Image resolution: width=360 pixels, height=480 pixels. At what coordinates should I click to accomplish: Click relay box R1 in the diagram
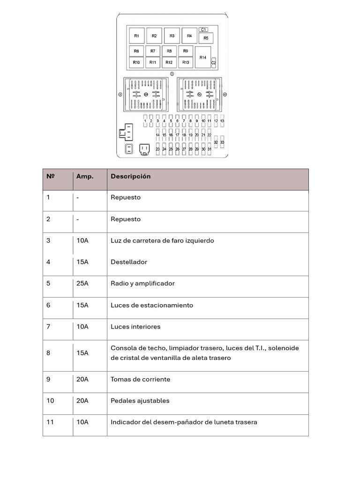pos(136,36)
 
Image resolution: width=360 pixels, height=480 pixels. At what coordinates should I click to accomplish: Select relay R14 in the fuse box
pos(202,57)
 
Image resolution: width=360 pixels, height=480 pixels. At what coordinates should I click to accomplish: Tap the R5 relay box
pos(206,38)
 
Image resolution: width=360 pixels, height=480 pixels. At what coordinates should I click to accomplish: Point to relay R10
pos(136,62)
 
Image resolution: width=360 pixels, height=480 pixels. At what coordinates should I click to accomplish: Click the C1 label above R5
pos(204,30)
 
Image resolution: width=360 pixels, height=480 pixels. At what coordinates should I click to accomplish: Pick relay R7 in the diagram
pos(153,51)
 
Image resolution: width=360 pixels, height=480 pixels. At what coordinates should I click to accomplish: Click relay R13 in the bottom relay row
pos(185,62)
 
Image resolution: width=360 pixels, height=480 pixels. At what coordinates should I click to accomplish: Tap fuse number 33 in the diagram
pos(222,142)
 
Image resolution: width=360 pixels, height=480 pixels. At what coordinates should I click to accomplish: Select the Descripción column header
pos(131,177)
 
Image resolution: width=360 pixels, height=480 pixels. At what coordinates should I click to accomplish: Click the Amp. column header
pos(85,177)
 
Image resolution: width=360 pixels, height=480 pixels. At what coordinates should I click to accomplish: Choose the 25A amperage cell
pos(82,284)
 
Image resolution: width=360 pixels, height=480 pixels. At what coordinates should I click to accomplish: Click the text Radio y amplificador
pos(142,284)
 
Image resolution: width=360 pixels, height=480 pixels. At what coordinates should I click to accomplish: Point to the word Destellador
pos(129,262)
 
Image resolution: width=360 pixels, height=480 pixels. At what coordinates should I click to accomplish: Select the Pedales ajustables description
pos(140,401)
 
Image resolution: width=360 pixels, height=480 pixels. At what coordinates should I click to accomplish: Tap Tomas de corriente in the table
pos(141,379)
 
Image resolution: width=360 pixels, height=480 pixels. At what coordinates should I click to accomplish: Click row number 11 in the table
pos(50,422)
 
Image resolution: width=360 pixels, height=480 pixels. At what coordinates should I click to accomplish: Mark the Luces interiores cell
pos(135,327)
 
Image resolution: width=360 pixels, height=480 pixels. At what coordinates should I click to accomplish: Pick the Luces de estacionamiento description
pos(152,305)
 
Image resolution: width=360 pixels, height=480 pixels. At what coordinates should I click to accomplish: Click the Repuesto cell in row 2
pos(126,219)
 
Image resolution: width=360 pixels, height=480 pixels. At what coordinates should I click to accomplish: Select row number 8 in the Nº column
pos(48,353)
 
